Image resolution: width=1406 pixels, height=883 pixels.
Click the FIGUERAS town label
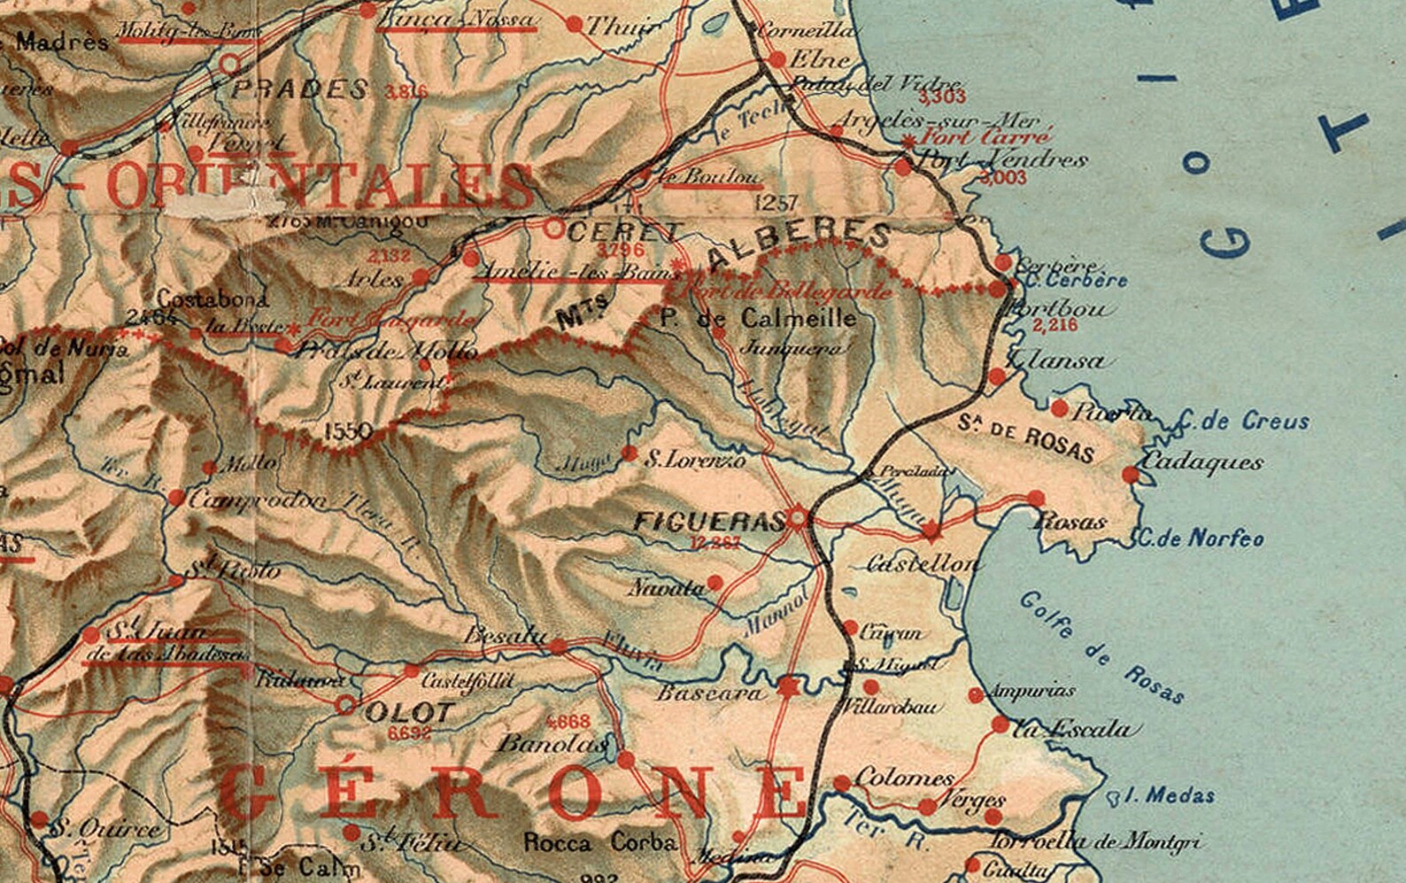coord(707,522)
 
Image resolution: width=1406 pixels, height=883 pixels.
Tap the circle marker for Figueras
coord(799,517)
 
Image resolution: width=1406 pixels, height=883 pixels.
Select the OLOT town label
coord(409,712)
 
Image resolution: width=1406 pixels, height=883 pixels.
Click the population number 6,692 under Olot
coord(409,733)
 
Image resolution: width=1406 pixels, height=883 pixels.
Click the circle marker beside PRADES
coord(230,64)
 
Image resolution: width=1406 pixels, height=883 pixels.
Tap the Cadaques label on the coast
coord(1201,461)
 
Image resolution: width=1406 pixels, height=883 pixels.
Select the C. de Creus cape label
coord(1243,422)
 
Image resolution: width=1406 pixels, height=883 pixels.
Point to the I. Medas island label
coord(1170,795)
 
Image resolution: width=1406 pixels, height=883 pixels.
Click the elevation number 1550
coord(348,431)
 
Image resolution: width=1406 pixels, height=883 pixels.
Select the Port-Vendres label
coord(1003,160)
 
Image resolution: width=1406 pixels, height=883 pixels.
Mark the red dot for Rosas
coord(1036,499)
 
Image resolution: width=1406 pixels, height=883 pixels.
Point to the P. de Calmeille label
coord(759,319)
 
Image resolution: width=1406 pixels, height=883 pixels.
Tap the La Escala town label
coord(1071,729)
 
